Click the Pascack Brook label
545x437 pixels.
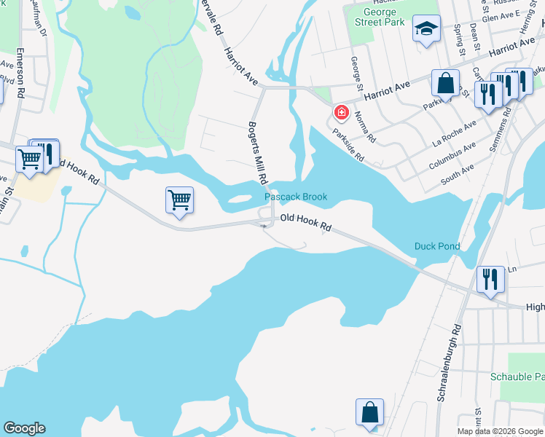click(x=295, y=197)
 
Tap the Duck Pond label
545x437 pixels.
click(x=437, y=246)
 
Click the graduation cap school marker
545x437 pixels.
click(x=426, y=31)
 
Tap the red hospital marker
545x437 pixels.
click(x=340, y=113)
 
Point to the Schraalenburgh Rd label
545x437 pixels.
click(x=451, y=364)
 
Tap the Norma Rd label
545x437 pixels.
click(x=366, y=126)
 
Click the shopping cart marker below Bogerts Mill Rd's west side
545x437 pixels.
click(x=179, y=200)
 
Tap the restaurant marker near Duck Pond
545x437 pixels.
click(x=489, y=279)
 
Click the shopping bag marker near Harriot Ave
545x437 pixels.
click(x=445, y=83)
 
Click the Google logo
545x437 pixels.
click(x=24, y=428)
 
